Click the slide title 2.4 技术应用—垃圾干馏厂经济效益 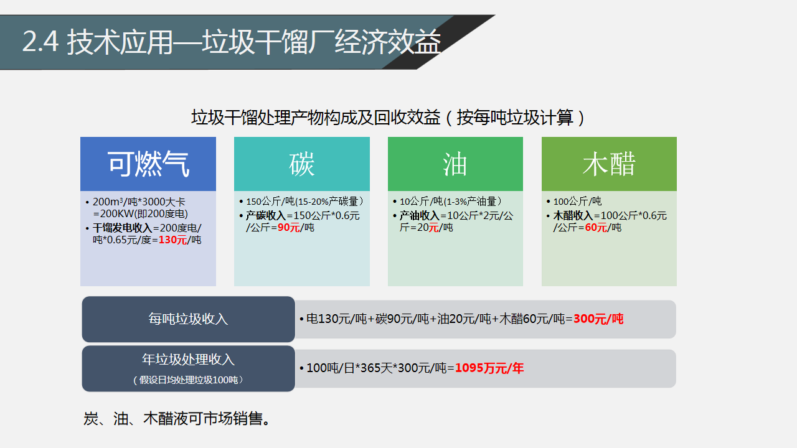click(x=232, y=42)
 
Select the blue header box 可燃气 click(x=148, y=164)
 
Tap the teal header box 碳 click(x=302, y=164)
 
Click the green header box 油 click(x=455, y=164)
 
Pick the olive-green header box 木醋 click(x=609, y=164)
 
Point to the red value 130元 click(x=172, y=240)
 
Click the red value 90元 click(x=288, y=228)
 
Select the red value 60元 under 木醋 click(x=596, y=228)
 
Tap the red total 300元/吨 click(x=598, y=319)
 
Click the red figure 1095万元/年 click(x=489, y=368)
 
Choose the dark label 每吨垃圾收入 click(x=188, y=319)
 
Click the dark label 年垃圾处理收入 click(x=188, y=360)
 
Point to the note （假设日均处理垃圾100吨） click(x=188, y=380)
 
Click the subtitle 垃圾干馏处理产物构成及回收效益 click(x=316, y=118)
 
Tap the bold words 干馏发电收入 click(x=123, y=228)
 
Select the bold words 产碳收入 click(x=266, y=215)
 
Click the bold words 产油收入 click(x=420, y=215)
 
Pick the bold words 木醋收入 click(x=573, y=215)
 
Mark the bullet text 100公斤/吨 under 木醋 click(x=577, y=202)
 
